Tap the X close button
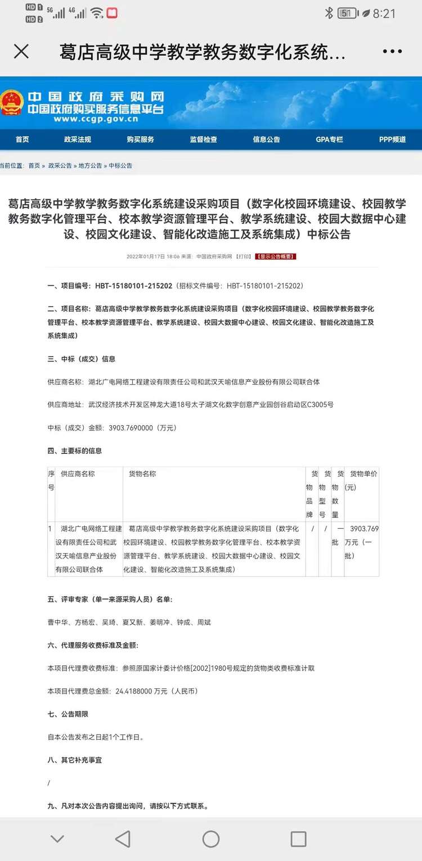pos(21,52)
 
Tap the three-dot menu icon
pos(392,52)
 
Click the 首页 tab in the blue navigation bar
pos(23,139)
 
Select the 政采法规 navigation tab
pos(78,139)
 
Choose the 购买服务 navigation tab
pos(141,139)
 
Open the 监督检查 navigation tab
pos(204,139)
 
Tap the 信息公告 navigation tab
pos(267,139)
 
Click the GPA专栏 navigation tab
pos(329,139)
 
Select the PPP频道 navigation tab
pos(392,139)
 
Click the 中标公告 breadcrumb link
pos(120,166)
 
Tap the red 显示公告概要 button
pos(275,256)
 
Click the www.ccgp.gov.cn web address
pos(96,119)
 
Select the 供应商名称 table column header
pos(78,474)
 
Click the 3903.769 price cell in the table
pos(363,529)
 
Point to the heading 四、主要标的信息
pos(75,451)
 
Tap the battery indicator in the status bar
pos(347,13)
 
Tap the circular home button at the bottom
pos(211,839)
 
